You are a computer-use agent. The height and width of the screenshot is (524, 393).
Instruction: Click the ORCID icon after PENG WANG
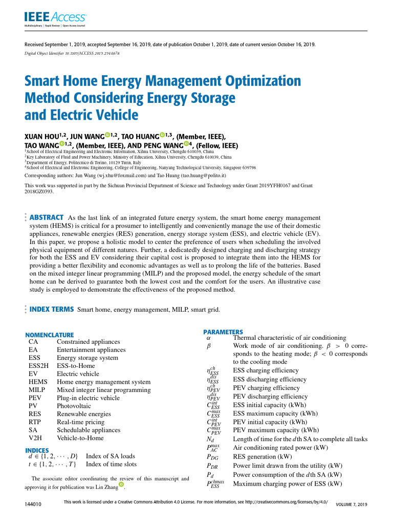(187, 144)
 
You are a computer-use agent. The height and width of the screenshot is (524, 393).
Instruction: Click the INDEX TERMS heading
(51, 309)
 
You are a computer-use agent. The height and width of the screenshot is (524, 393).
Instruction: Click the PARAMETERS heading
(223, 332)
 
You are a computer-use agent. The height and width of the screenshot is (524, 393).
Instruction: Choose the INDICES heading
(37, 450)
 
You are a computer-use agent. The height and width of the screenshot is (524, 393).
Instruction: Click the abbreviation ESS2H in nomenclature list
(38, 366)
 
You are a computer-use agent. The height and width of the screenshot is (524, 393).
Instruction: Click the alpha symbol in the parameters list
(208, 338)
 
